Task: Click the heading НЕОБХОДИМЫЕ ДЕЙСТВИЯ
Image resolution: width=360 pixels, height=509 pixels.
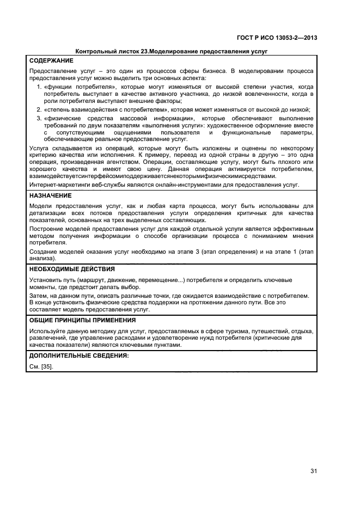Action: [x=72, y=269]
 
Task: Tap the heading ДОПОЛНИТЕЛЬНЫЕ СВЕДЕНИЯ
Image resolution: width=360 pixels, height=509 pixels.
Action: [x=79, y=355]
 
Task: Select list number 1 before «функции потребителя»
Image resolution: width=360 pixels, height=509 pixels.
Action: [x=38, y=87]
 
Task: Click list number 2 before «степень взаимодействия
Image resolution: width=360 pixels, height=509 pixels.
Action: [x=38, y=109]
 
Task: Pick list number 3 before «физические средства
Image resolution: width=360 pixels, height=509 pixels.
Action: [x=38, y=118]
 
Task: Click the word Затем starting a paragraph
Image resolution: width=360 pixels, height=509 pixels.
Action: [x=38, y=296]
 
